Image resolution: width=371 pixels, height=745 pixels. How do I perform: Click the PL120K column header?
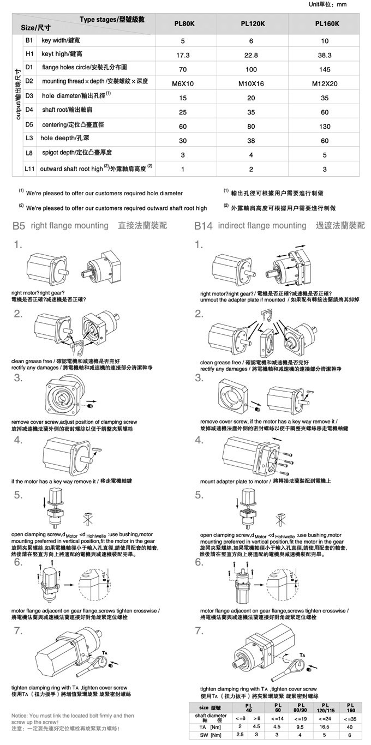pyautogui.click(x=253, y=24)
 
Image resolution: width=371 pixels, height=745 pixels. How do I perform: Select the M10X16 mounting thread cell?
pyautogui.click(x=252, y=84)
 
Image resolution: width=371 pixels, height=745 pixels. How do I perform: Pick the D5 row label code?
pyautogui.click(x=29, y=125)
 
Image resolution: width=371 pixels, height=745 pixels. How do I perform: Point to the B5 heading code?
pyautogui.click(x=19, y=226)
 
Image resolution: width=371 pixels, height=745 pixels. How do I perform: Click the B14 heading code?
pyautogui.click(x=204, y=226)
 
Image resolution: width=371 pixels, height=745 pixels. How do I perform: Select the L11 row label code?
pyautogui.click(x=29, y=169)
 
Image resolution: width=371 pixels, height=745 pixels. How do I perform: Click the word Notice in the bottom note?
pyautogui.click(x=21, y=715)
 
